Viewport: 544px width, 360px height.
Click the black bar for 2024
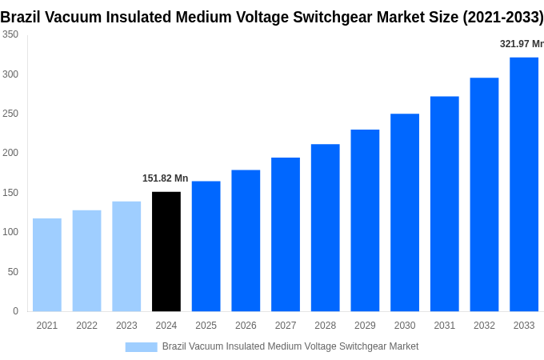[x=166, y=251]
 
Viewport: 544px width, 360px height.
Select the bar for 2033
[x=524, y=184]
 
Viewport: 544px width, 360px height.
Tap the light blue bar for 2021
[x=47, y=265]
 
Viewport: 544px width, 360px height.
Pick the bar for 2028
[x=325, y=228]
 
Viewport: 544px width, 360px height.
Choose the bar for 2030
[x=405, y=213]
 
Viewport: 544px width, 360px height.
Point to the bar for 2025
[x=206, y=246]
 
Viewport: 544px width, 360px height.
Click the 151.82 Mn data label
[x=165, y=178]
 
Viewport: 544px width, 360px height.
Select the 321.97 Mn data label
[x=521, y=44]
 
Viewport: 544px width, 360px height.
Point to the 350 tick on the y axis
[x=10, y=34]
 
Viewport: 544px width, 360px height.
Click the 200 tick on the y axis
[x=10, y=153]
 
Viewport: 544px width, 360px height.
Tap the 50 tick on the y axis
[x=13, y=272]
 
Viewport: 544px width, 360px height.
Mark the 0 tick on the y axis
[x=15, y=311]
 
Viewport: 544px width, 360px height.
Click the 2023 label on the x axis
[x=126, y=326]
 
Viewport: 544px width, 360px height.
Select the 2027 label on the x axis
[x=286, y=326]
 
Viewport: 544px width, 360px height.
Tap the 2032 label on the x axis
[x=484, y=326]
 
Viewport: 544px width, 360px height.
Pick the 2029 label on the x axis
[x=365, y=326]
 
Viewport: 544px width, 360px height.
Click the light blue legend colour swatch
[x=141, y=346]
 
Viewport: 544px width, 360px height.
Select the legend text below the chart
[x=290, y=346]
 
